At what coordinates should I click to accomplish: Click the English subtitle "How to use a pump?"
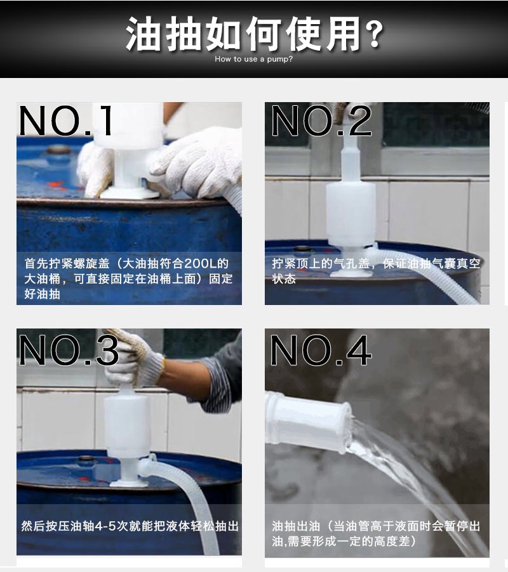pyautogui.click(x=253, y=59)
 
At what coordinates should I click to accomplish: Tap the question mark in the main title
pyautogui.click(x=375, y=34)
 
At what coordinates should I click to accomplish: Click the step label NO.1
pyautogui.click(x=66, y=120)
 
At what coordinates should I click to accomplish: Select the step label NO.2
pyautogui.click(x=321, y=120)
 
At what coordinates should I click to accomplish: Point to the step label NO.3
pyautogui.click(x=69, y=350)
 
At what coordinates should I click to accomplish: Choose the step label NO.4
pyautogui.click(x=321, y=350)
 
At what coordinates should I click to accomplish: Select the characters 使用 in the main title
pyautogui.click(x=323, y=34)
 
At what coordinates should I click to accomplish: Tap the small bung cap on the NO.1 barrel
pyautogui.click(x=58, y=150)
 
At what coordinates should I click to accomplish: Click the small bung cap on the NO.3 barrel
pyautogui.click(x=86, y=459)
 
